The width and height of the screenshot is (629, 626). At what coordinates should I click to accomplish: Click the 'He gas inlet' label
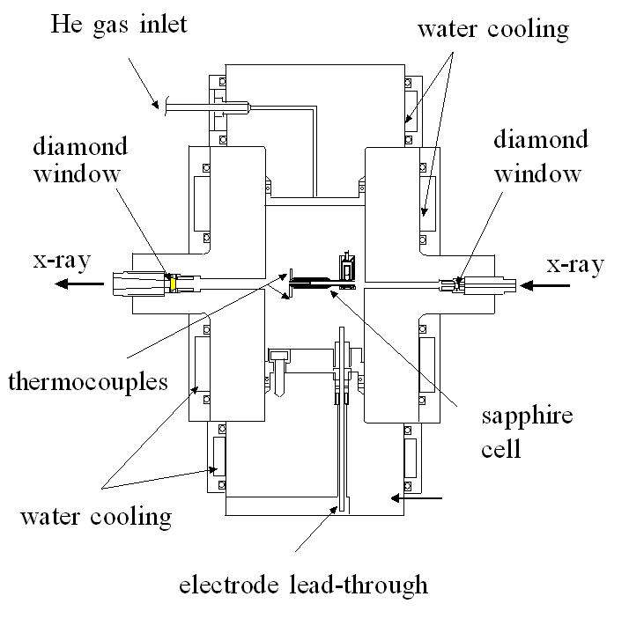(x=119, y=24)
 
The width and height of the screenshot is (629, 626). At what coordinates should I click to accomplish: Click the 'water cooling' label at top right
(x=492, y=29)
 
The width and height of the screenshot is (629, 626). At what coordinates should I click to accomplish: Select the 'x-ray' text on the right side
(x=574, y=263)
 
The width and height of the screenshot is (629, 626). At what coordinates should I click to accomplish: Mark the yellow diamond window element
(x=174, y=284)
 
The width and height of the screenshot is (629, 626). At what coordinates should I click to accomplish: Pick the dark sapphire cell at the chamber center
(x=313, y=284)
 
